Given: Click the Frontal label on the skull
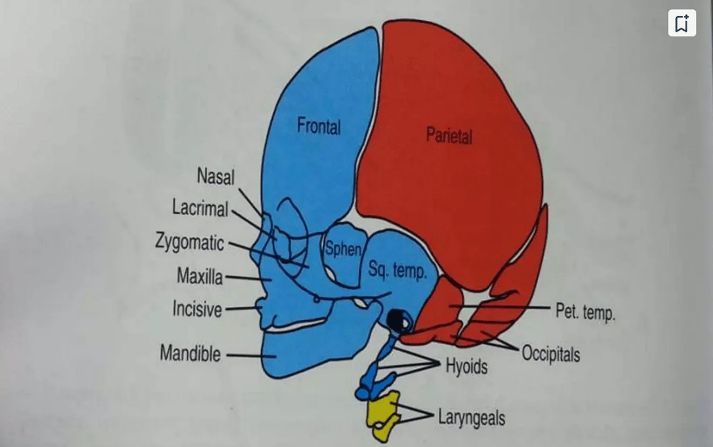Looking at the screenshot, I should coord(318,126).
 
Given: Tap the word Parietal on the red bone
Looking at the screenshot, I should coord(449,136).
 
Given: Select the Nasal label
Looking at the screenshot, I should coord(215,176).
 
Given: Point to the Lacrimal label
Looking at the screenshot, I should coord(200,207).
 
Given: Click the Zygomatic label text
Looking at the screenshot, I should coord(189,242).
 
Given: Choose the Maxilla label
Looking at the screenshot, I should coord(200,276).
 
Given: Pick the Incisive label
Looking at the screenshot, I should coord(197,308).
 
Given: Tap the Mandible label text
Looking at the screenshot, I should coord(190,353).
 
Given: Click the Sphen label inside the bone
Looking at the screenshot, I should coord(343,250).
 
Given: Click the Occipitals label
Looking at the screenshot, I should coord(551,353).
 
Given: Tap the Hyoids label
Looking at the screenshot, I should coord(466,366).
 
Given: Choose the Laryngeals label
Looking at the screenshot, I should coord(471,417).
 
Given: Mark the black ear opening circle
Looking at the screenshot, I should coord(396,318).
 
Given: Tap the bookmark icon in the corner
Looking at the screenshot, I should coord(682,23).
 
